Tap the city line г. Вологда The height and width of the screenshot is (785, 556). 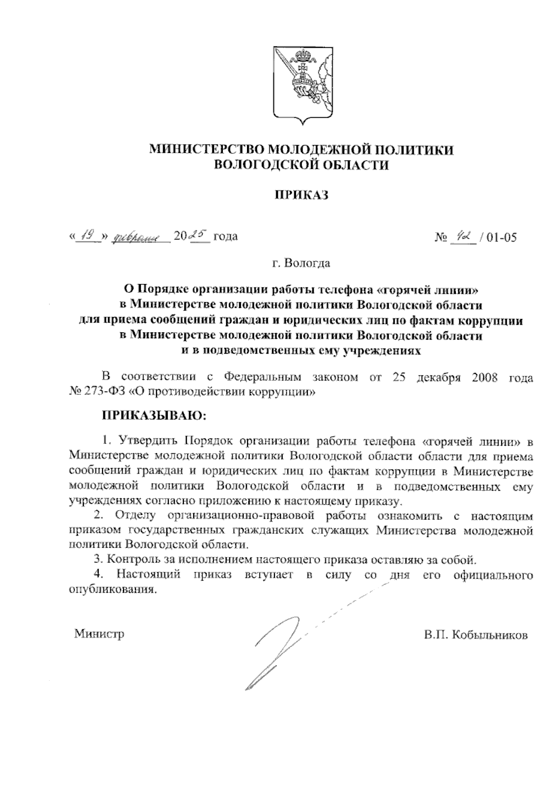point(301,264)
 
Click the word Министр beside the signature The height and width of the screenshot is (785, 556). point(99,633)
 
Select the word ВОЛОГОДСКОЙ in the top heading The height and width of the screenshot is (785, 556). point(262,165)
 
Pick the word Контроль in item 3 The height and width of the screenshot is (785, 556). point(129,560)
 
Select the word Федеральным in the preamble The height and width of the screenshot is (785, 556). point(262,377)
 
